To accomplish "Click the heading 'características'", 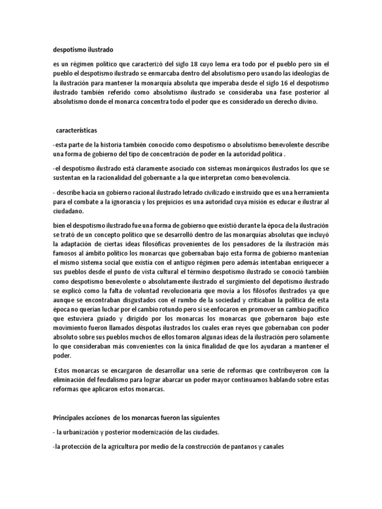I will (x=77, y=130).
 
